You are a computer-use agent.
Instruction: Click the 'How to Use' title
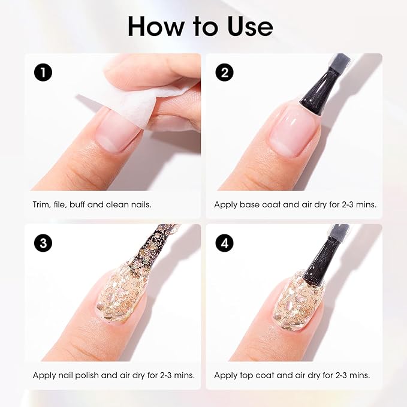coord(200,26)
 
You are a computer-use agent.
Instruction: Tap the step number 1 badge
coord(43,73)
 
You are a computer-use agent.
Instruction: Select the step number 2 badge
coord(225,73)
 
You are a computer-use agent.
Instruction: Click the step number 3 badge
coord(43,243)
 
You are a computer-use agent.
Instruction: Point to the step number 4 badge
coord(225,243)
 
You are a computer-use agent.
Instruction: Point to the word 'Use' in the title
coord(246,26)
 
